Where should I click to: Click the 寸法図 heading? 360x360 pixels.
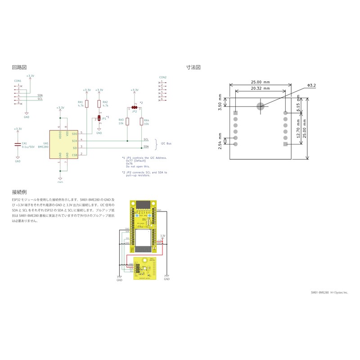[x=193, y=67]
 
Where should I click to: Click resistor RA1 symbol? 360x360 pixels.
[x=87, y=104]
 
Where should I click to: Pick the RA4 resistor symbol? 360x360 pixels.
[x=141, y=121]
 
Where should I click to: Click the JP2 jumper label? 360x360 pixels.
[x=134, y=112]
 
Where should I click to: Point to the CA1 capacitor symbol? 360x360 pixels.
[x=18, y=144]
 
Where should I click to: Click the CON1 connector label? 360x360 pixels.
[x=18, y=81]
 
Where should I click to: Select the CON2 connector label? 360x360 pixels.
[x=163, y=77]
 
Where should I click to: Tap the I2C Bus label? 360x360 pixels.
[x=166, y=144]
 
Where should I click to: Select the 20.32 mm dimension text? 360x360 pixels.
[x=261, y=89]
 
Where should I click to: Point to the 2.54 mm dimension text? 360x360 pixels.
[x=220, y=141]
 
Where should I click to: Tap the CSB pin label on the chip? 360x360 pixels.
[x=75, y=155]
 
